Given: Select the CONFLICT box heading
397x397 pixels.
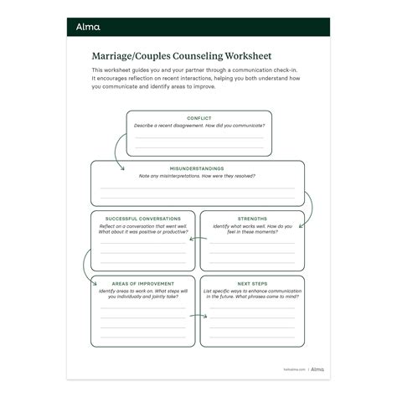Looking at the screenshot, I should [x=198, y=119].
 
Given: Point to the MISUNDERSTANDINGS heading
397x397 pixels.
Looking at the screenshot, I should [x=198, y=168].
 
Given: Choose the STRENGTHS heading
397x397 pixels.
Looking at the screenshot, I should [x=252, y=217].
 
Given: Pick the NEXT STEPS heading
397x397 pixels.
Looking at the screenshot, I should [x=252, y=282].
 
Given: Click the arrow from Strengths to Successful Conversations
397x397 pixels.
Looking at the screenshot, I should [x=194, y=240].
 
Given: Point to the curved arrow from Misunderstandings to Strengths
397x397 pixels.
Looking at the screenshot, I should [x=310, y=206].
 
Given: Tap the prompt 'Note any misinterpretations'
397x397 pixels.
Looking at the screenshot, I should [x=198, y=175].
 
